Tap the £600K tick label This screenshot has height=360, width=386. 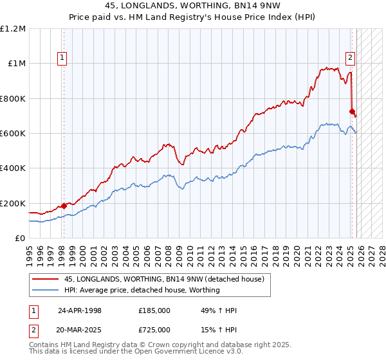tap(13, 134)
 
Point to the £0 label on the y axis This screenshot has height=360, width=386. tap(19, 239)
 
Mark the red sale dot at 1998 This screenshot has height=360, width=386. tap(64, 206)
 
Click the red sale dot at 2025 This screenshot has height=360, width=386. tap(352, 111)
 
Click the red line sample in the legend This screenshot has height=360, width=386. tap(46, 279)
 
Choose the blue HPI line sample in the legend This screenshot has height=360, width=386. tap(46, 290)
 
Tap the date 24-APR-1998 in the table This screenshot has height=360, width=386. tap(80, 310)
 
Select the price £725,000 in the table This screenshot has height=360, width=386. tap(154, 329)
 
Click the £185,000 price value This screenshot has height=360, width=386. tap(154, 310)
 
